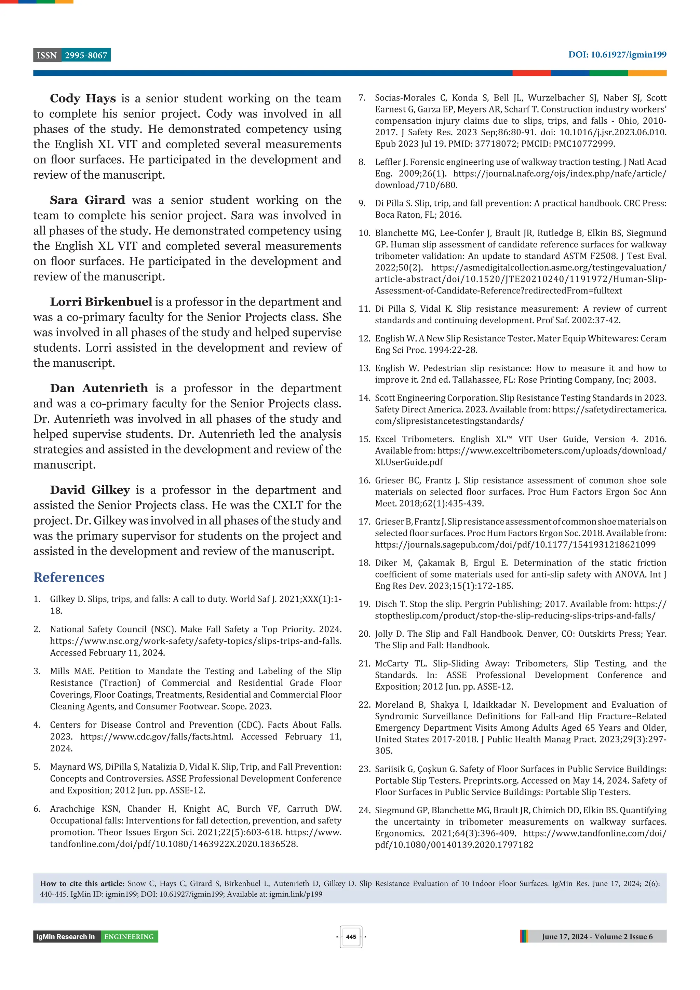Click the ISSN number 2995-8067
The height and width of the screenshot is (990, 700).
point(86,55)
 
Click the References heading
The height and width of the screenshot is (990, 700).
point(69,577)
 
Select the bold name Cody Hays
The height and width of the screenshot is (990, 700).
point(83,98)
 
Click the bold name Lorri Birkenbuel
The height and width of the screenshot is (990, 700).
point(101,302)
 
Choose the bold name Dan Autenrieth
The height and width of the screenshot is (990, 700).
point(99,388)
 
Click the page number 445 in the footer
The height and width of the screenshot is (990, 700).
point(351,937)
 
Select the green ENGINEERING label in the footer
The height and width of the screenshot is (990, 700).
point(129,937)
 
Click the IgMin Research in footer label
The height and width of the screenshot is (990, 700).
point(66,937)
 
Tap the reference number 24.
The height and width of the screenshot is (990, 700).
point(364,810)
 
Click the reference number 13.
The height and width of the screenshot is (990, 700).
point(364,368)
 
